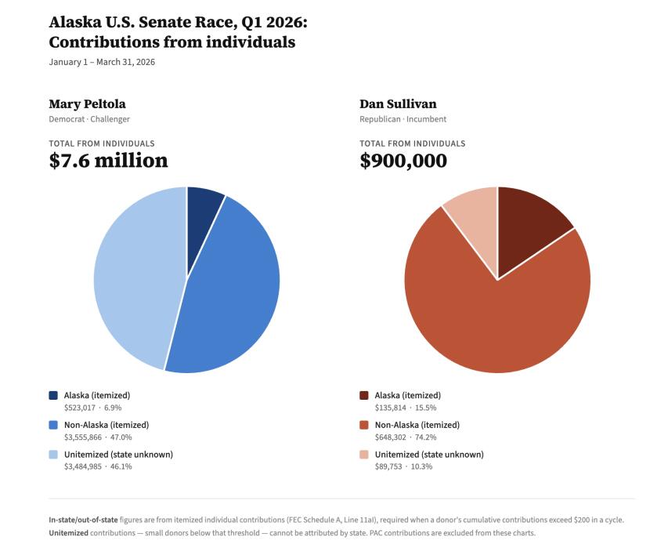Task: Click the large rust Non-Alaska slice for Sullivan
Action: tap(501, 321)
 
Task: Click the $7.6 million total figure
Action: tap(108, 161)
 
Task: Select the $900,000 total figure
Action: tap(403, 161)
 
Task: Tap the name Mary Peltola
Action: tap(87, 103)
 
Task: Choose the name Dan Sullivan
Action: tap(398, 103)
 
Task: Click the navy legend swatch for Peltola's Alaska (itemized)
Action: tap(53, 396)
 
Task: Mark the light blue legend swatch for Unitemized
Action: tap(53, 455)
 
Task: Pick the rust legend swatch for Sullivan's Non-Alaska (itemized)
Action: tap(364, 425)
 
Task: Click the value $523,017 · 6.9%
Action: tap(92, 408)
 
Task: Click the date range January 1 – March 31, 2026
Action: tap(102, 62)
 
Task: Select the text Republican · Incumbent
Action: tap(403, 119)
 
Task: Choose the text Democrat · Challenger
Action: tap(89, 119)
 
